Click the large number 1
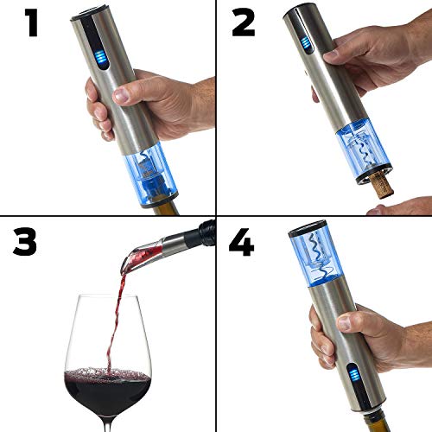31,23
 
